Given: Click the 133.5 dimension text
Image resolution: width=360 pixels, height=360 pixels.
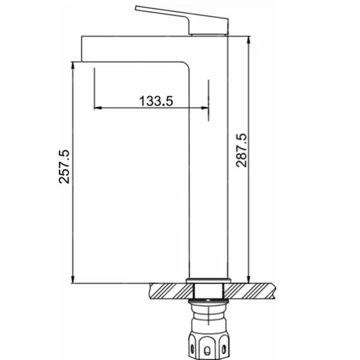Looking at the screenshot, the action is pyautogui.click(x=156, y=101).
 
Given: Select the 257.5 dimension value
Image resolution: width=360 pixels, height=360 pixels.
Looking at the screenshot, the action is pyautogui.click(x=64, y=166).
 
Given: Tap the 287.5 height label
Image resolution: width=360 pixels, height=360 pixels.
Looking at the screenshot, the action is pyautogui.click(x=242, y=150).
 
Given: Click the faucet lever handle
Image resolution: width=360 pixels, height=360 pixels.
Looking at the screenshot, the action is pyautogui.click(x=182, y=20).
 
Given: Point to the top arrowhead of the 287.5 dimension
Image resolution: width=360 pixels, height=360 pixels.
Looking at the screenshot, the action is pyautogui.click(x=248, y=40).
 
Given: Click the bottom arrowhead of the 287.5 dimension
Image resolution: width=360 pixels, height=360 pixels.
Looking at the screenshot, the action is pyautogui.click(x=248, y=280).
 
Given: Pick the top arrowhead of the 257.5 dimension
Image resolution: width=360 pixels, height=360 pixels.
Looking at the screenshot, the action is pyautogui.click(x=73, y=66).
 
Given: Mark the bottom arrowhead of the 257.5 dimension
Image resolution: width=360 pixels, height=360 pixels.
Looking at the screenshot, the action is pyautogui.click(x=73, y=280).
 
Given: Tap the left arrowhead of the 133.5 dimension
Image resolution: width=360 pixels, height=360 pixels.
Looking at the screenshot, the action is pyautogui.click(x=98, y=107).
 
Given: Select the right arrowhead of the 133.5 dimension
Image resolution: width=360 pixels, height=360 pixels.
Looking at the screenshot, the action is pyautogui.click(x=205, y=107).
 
